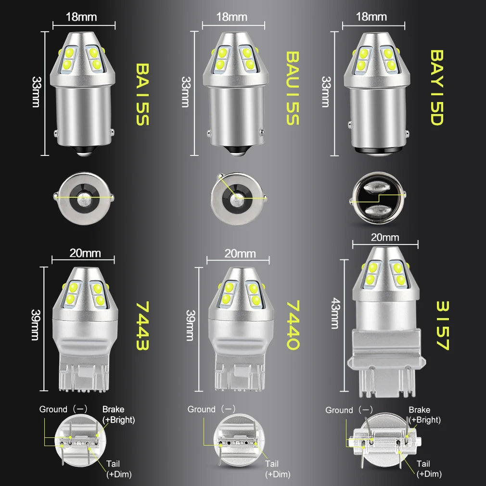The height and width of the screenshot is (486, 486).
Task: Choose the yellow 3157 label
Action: coord(442,326)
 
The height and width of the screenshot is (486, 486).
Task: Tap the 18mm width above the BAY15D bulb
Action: coord(371,17)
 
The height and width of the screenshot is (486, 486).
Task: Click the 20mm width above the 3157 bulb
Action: coord(385,237)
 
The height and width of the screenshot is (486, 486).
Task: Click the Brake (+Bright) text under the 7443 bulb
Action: coord(118,414)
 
